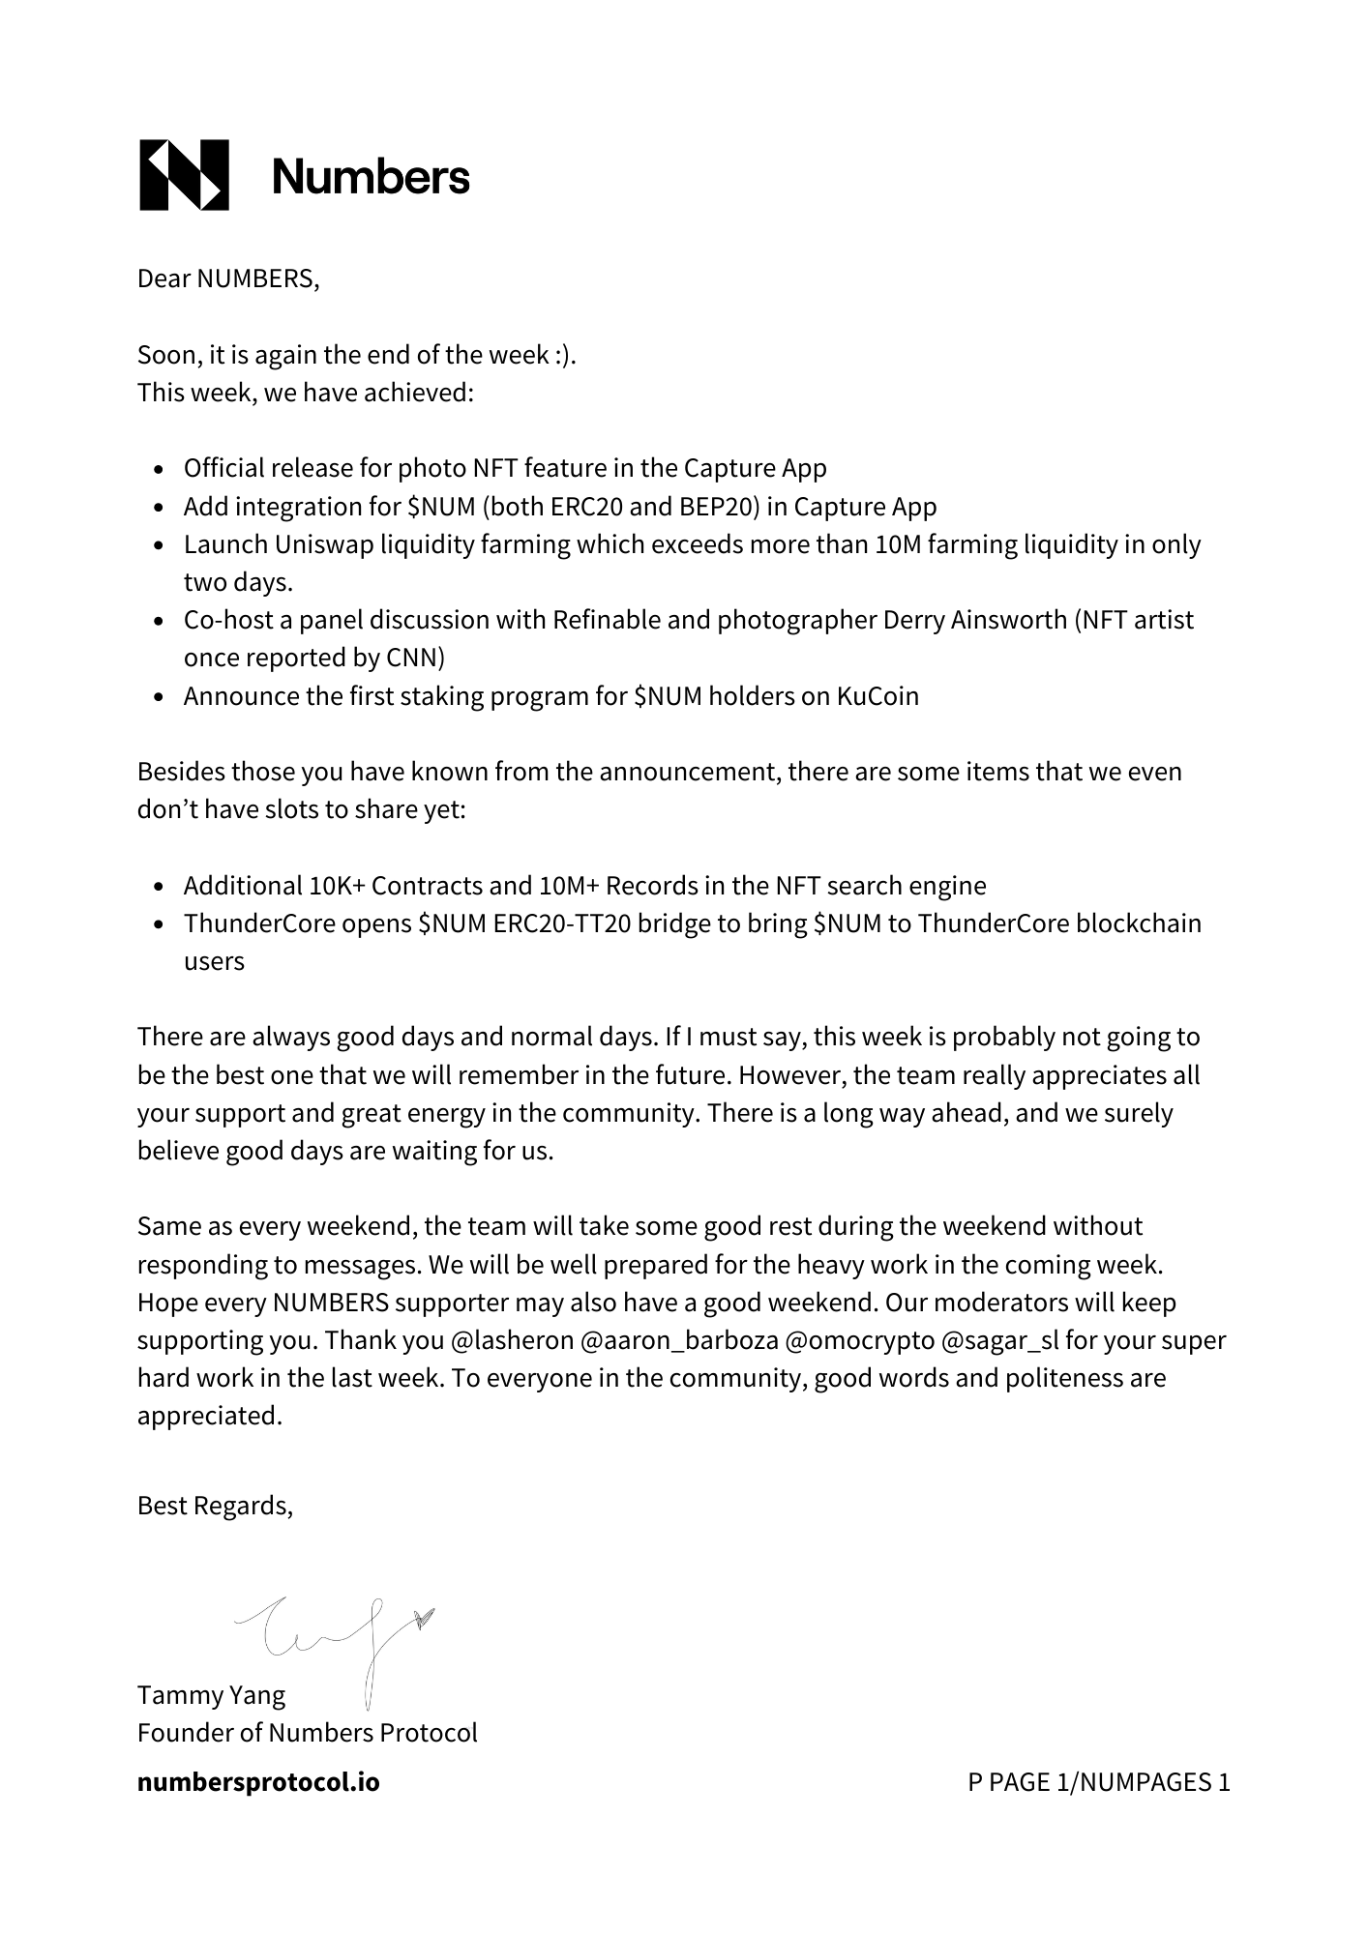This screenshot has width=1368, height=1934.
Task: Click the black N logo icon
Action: coord(184,175)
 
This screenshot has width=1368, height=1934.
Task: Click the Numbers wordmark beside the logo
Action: coord(371,177)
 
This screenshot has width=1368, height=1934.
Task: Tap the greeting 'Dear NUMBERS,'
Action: coord(228,279)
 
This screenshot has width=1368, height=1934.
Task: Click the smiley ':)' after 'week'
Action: coord(565,356)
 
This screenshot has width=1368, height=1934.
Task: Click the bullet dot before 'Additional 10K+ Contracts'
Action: coord(161,888)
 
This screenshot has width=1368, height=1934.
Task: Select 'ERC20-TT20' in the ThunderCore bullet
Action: coord(562,924)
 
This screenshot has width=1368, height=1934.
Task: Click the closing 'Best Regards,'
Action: coord(215,1506)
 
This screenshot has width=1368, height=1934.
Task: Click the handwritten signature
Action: coord(334,1634)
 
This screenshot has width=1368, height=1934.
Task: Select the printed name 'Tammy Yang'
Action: coord(212,1696)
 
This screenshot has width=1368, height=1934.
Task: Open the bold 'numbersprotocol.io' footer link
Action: coord(258,1782)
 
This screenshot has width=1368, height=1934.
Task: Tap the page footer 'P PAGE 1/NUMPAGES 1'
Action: coord(1099,1782)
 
